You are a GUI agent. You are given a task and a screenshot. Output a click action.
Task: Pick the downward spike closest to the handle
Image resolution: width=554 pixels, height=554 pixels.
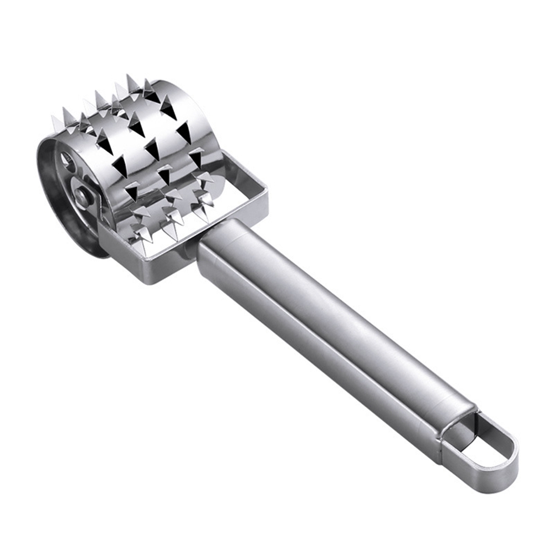(x=203, y=202)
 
